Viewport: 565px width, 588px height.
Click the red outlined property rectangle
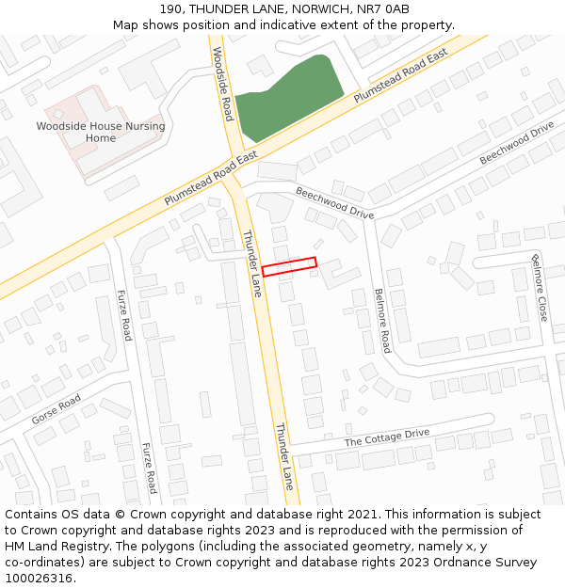tap(289, 267)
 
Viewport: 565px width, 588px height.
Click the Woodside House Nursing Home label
tap(101, 132)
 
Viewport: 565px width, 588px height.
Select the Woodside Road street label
tap(222, 85)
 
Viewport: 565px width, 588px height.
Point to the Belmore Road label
tap(381, 321)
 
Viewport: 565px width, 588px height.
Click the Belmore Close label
tap(539, 288)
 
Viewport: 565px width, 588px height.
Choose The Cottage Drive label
tap(386, 437)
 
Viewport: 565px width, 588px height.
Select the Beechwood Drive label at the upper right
tap(516, 143)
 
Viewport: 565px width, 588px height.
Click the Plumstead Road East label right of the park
tap(400, 76)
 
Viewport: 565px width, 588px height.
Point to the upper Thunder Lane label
tap(251, 263)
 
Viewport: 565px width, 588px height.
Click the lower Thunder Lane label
tap(284, 456)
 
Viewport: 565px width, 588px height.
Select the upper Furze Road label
tap(125, 315)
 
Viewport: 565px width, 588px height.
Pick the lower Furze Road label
tap(149, 468)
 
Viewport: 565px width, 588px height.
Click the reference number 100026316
tap(40, 579)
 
